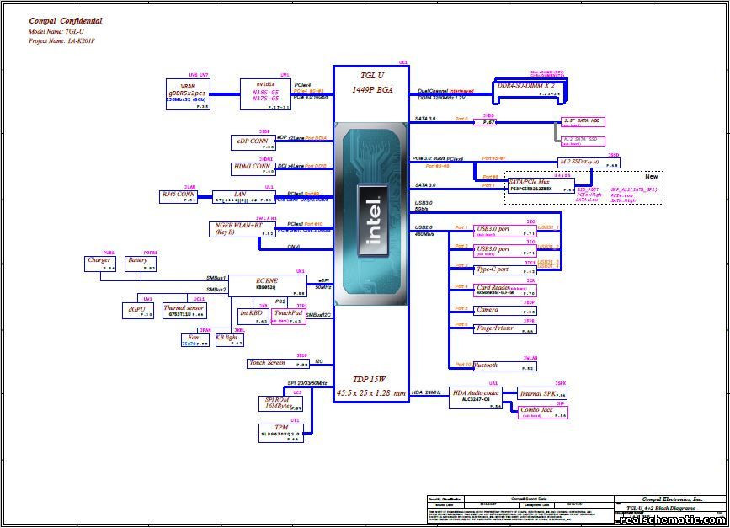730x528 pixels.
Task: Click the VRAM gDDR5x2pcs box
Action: point(189,94)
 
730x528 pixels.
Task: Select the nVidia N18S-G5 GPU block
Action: point(265,94)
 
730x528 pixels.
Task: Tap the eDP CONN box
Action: point(253,143)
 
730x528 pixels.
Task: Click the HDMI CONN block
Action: point(253,168)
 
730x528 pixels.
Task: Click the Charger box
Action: point(99,264)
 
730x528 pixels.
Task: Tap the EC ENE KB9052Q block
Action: point(266,285)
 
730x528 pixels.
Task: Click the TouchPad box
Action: point(287,316)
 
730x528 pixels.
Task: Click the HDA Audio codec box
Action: point(477,397)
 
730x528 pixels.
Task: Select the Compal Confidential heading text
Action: point(66,21)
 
